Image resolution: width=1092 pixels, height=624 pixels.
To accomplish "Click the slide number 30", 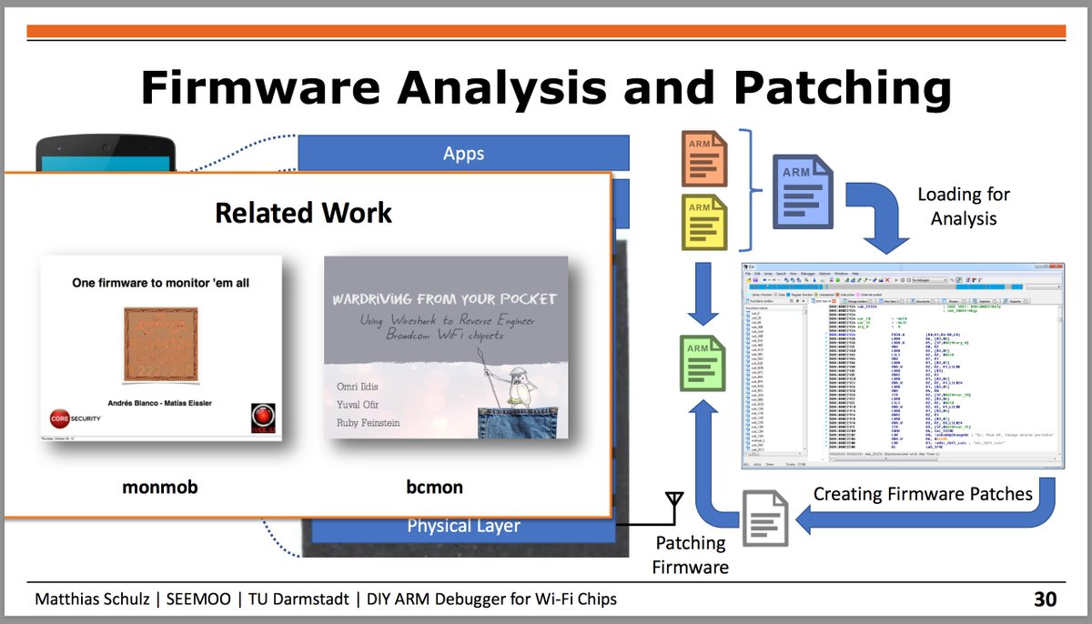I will (x=1045, y=599).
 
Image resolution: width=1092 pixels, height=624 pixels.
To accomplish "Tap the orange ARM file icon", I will (x=703, y=158).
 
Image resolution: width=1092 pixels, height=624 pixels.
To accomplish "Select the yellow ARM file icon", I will (x=703, y=222).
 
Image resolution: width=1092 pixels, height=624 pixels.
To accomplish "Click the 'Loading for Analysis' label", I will (x=963, y=206).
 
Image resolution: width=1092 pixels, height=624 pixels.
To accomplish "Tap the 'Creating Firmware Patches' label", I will (x=923, y=494).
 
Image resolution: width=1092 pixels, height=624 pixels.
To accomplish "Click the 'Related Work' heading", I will (x=303, y=213).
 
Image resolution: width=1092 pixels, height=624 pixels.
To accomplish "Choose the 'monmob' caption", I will (x=160, y=488).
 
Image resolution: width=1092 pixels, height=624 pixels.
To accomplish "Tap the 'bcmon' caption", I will (x=435, y=488).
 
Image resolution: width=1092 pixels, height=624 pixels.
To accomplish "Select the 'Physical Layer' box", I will (x=463, y=526).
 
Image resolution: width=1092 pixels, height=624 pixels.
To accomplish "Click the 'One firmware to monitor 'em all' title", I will (x=160, y=283).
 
